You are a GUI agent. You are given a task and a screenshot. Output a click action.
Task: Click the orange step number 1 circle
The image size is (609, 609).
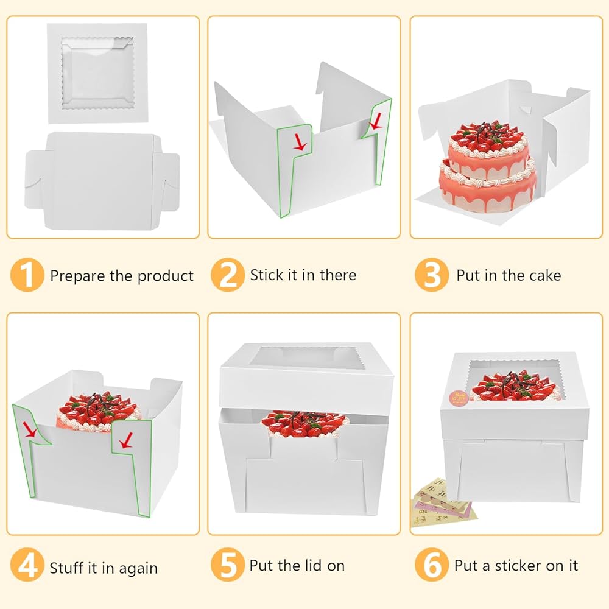tap(27, 275)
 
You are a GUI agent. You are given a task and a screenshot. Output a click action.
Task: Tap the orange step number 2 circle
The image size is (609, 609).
tap(227, 275)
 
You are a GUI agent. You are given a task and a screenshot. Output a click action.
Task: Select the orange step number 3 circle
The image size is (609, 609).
tap(431, 275)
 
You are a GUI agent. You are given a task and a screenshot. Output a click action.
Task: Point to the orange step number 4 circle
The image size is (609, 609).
tap(27, 568)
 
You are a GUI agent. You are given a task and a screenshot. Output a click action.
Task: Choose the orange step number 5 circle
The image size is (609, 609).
tap(227, 566)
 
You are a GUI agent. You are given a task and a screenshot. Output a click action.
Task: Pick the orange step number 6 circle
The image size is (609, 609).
tap(431, 566)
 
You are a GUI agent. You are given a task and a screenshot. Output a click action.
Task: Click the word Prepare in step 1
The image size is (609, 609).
tap(77, 276)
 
